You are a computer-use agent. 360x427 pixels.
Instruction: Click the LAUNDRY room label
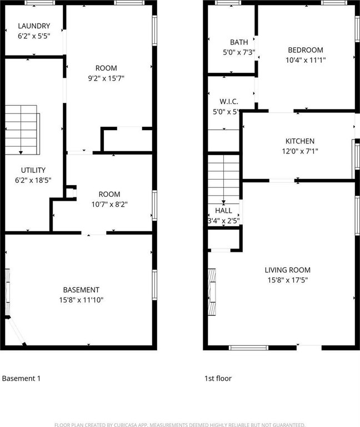34,26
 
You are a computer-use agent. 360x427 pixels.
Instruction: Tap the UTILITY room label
33,170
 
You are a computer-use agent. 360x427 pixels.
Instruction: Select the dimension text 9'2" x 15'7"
106,78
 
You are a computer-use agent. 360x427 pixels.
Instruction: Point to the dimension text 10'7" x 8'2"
109,204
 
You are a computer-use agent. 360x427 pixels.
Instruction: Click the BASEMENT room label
81,290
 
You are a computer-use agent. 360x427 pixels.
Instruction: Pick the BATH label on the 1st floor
239,42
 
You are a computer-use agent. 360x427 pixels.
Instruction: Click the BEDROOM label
306,50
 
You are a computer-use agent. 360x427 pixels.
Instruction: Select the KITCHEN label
300,141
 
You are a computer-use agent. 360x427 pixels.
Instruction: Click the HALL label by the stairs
223,211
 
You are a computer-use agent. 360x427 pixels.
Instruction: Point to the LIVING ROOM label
288,270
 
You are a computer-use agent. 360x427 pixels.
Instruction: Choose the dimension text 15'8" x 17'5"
288,280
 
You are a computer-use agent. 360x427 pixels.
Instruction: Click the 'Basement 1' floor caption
21,378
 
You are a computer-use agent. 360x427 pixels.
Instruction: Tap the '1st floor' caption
218,378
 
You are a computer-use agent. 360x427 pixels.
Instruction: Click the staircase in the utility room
22,130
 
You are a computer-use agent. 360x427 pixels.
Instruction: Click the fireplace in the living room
212,292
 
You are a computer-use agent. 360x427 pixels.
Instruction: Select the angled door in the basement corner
16,331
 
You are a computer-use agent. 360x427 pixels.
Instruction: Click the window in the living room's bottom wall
248,347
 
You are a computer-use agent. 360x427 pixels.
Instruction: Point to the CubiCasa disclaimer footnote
180,425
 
